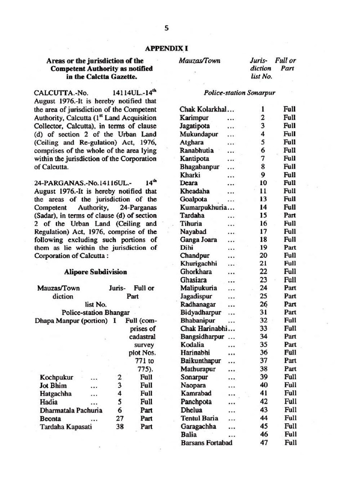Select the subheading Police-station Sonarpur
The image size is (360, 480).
click(240, 93)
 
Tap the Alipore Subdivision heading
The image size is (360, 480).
click(95, 272)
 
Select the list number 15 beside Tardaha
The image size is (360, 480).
click(263, 215)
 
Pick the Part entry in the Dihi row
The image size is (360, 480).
click(290, 247)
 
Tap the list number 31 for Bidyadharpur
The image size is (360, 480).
click(263, 312)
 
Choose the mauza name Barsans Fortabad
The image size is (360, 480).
click(206, 442)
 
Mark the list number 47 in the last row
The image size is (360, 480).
click(263, 442)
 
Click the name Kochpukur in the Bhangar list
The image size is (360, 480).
click(56, 377)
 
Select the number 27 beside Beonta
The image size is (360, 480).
click(120, 418)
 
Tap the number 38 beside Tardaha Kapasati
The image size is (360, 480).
click(120, 427)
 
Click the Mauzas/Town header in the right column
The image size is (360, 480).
click(200, 61)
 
